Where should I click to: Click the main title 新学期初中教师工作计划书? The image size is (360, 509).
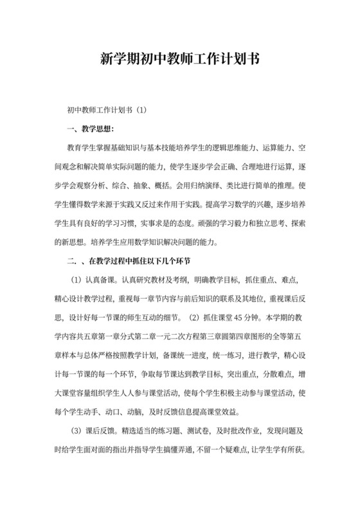pos(180,58)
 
